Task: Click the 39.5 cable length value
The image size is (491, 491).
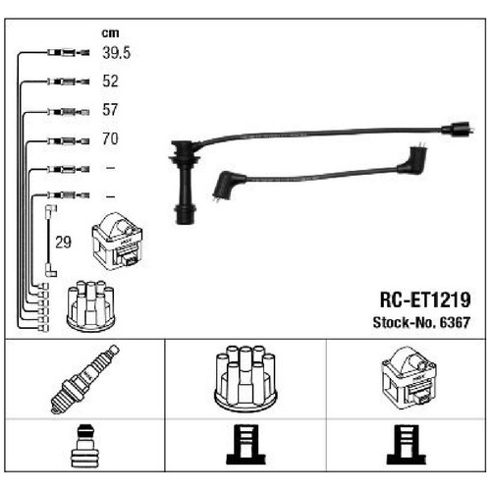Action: (x=116, y=53)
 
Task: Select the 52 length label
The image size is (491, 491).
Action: (x=110, y=81)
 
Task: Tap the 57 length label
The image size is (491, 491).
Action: (x=110, y=110)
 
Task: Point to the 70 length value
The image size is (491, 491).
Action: (x=110, y=138)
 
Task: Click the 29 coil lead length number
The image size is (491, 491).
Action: (x=63, y=243)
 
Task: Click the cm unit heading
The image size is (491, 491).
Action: (x=110, y=33)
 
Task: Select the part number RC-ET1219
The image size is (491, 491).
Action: (x=425, y=300)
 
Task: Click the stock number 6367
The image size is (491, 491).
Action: (x=455, y=322)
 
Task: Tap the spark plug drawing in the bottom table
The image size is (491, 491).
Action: (x=84, y=379)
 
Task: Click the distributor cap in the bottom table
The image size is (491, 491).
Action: (x=245, y=378)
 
